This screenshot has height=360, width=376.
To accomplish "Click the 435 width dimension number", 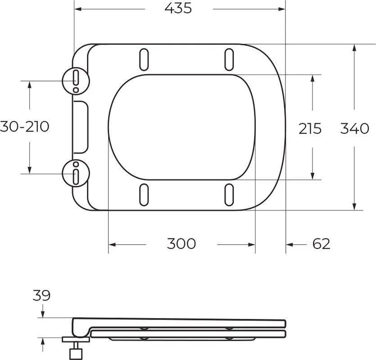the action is [178, 9].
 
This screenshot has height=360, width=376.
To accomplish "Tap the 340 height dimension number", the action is [355, 128].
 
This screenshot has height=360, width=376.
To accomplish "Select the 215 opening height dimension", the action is [310, 128].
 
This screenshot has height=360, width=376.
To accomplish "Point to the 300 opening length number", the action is [181, 243].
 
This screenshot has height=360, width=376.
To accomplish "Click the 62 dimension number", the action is [322, 244].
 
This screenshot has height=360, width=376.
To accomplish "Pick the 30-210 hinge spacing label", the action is [24, 126].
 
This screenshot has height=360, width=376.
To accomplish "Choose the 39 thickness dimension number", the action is [41, 296].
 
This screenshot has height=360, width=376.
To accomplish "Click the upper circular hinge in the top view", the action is [76, 81].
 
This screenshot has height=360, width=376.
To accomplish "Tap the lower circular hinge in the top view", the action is [76, 173].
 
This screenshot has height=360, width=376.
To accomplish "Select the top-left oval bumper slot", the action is [144, 59].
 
